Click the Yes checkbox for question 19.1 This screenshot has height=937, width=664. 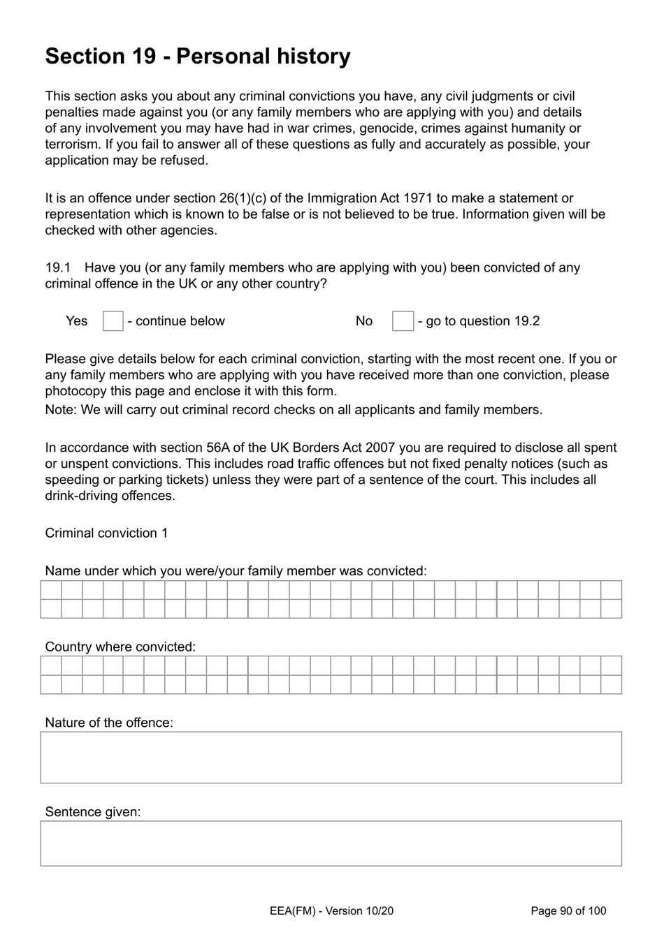click(113, 321)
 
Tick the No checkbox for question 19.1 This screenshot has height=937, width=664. click(403, 321)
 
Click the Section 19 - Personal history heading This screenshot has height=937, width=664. click(198, 56)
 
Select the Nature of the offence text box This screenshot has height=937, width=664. click(331, 758)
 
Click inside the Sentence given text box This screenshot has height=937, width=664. click(331, 843)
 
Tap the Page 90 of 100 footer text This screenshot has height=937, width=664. click(568, 910)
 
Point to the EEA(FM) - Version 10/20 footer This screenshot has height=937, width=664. click(331, 910)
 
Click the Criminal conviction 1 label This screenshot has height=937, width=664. click(106, 533)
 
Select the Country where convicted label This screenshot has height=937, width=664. click(120, 647)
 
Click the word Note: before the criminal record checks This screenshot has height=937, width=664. click(61, 410)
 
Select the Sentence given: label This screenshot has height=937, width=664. click(93, 812)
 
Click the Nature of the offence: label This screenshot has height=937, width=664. click(109, 723)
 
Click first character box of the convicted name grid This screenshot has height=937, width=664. click(51, 590)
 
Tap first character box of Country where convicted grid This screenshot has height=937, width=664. click(51, 665)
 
